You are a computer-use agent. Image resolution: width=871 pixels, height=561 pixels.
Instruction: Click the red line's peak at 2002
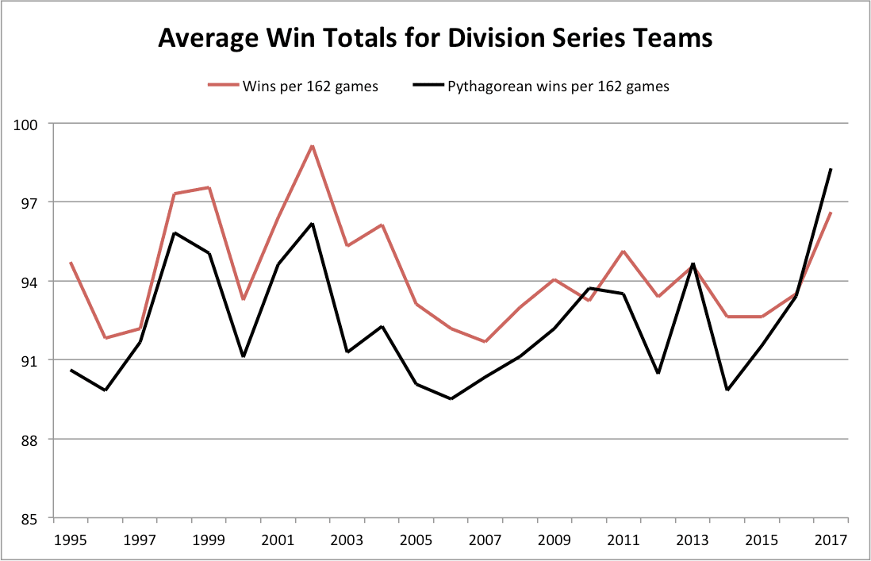pyautogui.click(x=313, y=146)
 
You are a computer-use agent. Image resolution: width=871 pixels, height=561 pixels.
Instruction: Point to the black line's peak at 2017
pyautogui.click(x=831, y=169)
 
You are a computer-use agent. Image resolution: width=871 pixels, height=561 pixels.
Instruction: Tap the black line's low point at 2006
pyautogui.click(x=451, y=399)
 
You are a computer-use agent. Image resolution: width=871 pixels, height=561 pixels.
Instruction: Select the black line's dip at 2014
pyautogui.click(x=727, y=390)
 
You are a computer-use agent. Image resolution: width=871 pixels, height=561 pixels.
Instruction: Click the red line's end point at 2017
pyautogui.click(x=831, y=213)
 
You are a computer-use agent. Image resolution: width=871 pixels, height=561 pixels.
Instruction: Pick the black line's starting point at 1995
pyautogui.click(x=71, y=370)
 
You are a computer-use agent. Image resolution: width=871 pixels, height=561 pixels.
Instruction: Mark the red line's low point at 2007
pyautogui.click(x=485, y=342)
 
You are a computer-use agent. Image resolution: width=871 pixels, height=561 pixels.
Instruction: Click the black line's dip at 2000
pyautogui.click(x=244, y=356)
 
